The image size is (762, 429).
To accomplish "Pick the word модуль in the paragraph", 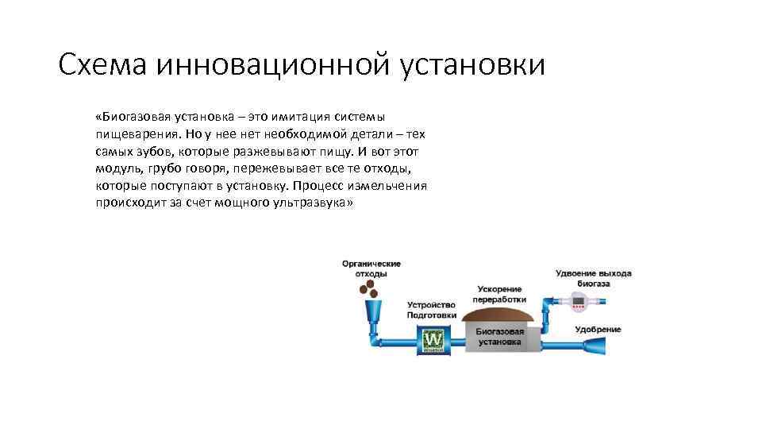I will (x=116, y=169).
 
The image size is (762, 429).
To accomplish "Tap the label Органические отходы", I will (x=371, y=269).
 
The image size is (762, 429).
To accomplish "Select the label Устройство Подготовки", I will (x=432, y=310).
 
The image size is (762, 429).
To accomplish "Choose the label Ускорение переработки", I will (x=499, y=294).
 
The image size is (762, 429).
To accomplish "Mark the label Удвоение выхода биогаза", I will (x=594, y=277).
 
